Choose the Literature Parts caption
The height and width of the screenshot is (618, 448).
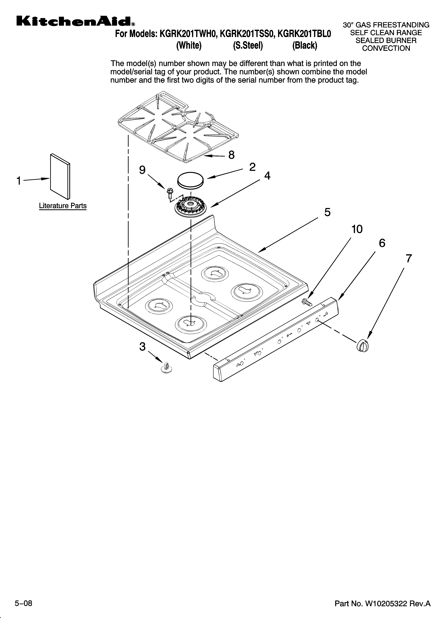(63, 206)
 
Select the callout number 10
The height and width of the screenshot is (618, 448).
(357, 229)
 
